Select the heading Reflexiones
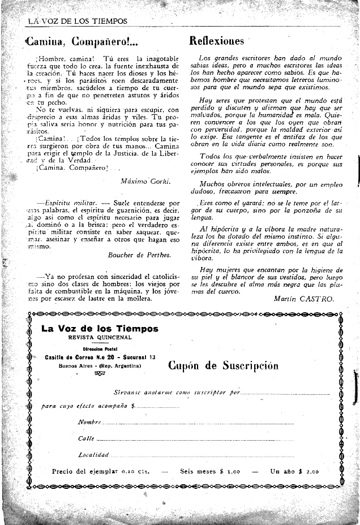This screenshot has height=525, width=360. point(216,41)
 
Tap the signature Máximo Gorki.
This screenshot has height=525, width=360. point(145,182)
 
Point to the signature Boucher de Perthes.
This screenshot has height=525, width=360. point(139,255)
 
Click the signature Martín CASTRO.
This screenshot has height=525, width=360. point(303,298)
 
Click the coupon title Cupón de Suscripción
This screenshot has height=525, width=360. point(224,365)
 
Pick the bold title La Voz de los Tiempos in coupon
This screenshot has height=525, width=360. point(100,329)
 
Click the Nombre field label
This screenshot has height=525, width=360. point(89,423)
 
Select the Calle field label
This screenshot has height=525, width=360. point(86,438)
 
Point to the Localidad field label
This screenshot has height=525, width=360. point(93,455)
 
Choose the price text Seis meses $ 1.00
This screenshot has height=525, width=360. point(210,471)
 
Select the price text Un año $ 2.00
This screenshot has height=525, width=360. point(294,471)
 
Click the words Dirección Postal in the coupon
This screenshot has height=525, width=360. point(100,349)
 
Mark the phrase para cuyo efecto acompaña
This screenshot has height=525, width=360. point(85,406)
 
